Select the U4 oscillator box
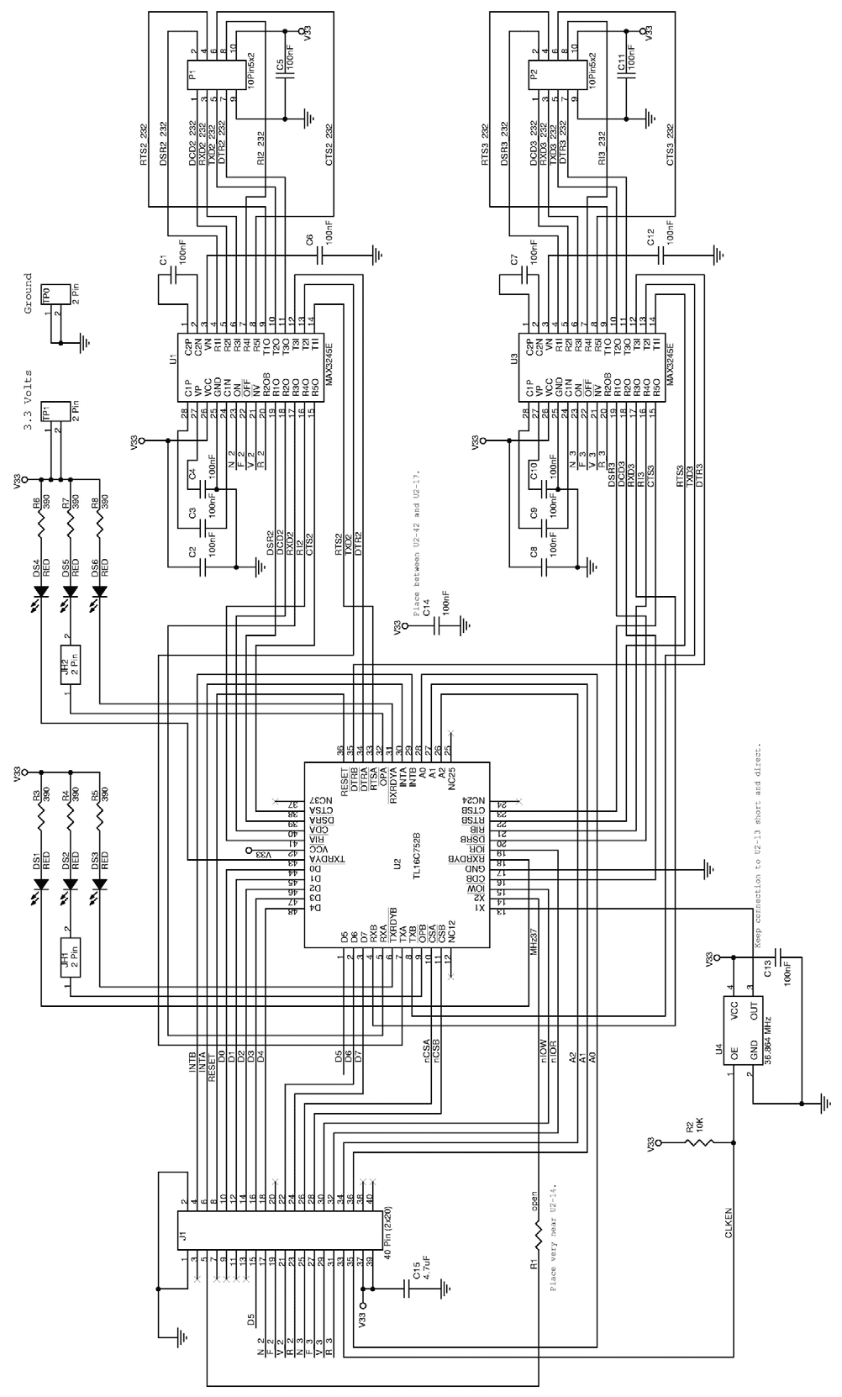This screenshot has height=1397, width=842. pyautogui.click(x=744, y=1033)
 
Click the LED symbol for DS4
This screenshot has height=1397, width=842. pyautogui.click(x=40, y=592)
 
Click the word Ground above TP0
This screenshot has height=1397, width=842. pyautogui.click(x=28, y=293)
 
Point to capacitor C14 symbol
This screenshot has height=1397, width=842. pyautogui.click(x=437, y=627)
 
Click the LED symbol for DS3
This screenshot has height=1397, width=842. pyautogui.click(x=100, y=885)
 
